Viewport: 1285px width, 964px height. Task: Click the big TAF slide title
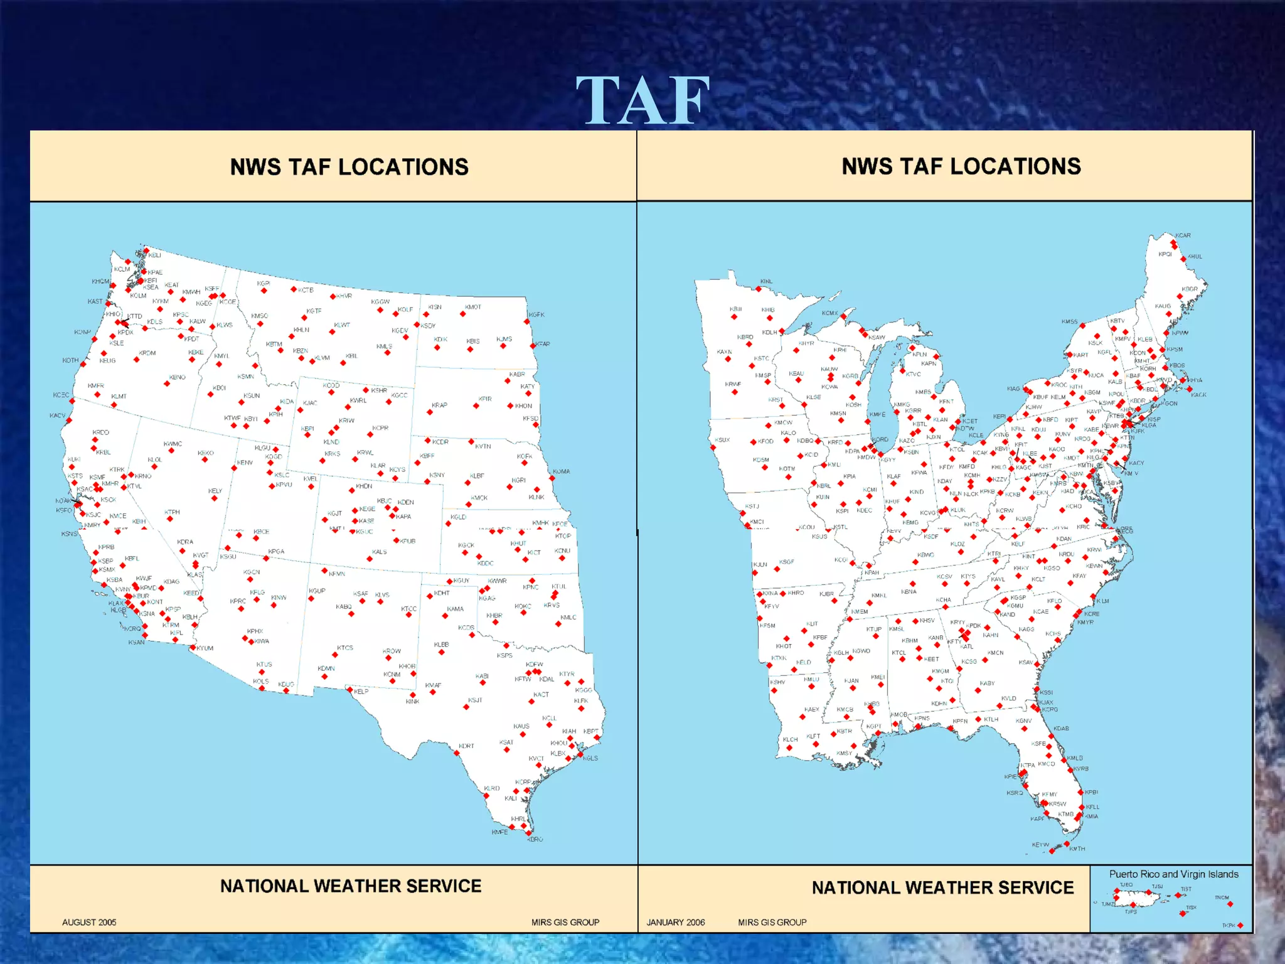click(642, 100)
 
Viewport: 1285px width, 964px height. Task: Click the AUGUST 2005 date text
click(89, 922)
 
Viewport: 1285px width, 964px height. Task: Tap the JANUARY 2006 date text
click(676, 922)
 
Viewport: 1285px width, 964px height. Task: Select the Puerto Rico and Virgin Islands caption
click(1173, 874)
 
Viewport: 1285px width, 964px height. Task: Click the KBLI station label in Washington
click(154, 255)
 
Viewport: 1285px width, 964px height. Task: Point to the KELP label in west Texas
click(361, 691)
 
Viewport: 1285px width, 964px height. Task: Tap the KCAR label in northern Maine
click(1183, 235)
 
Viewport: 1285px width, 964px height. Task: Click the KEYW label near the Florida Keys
click(1040, 845)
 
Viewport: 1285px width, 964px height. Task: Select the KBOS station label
click(1176, 365)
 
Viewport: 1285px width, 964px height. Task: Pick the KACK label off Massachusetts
click(1198, 395)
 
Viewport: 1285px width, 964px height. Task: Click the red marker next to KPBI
click(1081, 793)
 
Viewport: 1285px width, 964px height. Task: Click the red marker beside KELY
click(214, 499)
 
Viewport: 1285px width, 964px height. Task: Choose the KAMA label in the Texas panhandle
click(456, 609)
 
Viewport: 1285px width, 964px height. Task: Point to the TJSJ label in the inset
click(1157, 887)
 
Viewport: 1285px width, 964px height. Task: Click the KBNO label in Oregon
click(178, 377)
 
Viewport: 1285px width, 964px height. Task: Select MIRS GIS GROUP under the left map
click(565, 922)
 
